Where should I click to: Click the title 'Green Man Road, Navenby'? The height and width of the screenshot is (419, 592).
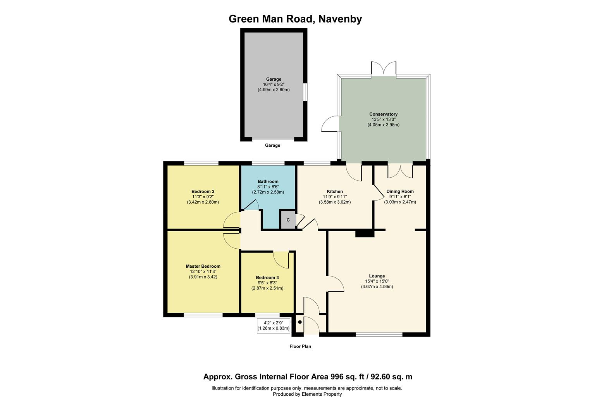tap(295, 19)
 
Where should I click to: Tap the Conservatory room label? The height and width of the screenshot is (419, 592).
tap(383, 114)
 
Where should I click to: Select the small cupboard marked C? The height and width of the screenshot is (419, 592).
tap(288, 220)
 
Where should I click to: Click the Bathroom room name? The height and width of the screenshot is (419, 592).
tap(268, 182)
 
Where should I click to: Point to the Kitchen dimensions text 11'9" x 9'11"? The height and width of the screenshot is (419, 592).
tap(334, 197)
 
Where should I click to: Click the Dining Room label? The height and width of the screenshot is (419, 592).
tap(400, 191)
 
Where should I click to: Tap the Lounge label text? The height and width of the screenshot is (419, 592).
tap(377, 276)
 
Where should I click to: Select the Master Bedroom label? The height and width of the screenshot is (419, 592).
tap(203, 266)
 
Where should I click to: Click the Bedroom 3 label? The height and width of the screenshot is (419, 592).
tap(267, 277)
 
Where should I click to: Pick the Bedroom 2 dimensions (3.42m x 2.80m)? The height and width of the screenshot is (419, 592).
tap(203, 202)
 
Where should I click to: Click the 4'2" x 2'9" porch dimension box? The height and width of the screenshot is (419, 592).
tap(273, 326)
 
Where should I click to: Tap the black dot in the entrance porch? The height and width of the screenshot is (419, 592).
tap(300, 322)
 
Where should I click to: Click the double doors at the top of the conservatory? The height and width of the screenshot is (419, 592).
tap(384, 69)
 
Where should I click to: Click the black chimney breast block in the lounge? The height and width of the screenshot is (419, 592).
tap(365, 233)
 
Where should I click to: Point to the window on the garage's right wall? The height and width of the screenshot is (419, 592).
tap(305, 92)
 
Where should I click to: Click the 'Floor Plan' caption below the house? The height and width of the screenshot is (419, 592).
tap(300, 346)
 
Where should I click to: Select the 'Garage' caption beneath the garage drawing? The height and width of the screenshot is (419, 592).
tap(272, 145)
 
